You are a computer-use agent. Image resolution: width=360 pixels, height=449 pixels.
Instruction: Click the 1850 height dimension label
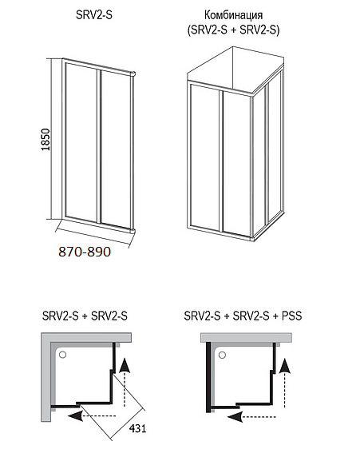[x=45, y=140]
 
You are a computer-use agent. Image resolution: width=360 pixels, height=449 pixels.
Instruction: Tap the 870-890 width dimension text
[x=85, y=252]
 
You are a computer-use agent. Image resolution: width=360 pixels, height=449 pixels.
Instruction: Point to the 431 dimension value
[x=137, y=428]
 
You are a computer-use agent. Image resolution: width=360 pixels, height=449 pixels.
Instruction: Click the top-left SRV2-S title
[x=94, y=15]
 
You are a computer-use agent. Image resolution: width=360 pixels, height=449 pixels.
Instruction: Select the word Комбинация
[x=233, y=15]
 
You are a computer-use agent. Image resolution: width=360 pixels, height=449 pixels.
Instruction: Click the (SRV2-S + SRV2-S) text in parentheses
[x=233, y=30]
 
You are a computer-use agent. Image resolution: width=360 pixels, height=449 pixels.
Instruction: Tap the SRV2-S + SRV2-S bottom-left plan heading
[x=85, y=316]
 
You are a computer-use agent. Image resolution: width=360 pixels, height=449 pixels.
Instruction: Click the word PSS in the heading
[x=292, y=316]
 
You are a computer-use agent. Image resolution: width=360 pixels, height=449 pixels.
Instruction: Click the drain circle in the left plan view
[x=62, y=355]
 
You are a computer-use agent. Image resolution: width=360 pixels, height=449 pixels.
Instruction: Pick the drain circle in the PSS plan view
[x=222, y=356]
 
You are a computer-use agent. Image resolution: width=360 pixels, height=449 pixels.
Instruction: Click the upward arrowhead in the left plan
[x=124, y=365]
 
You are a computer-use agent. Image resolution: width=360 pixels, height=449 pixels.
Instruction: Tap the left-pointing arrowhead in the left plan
[x=76, y=415]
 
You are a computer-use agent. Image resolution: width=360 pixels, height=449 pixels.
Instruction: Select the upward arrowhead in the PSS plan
[x=284, y=365]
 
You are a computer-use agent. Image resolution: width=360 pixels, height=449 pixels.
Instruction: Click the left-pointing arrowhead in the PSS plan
[x=235, y=416]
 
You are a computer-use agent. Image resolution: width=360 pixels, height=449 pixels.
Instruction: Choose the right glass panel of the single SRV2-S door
[x=116, y=149]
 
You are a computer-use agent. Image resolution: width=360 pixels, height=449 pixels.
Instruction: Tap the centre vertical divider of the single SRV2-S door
[x=99, y=145]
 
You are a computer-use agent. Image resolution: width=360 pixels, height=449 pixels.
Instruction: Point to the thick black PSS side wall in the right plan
[x=208, y=376]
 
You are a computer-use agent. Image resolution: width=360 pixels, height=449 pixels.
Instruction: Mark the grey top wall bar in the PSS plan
[x=246, y=337]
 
